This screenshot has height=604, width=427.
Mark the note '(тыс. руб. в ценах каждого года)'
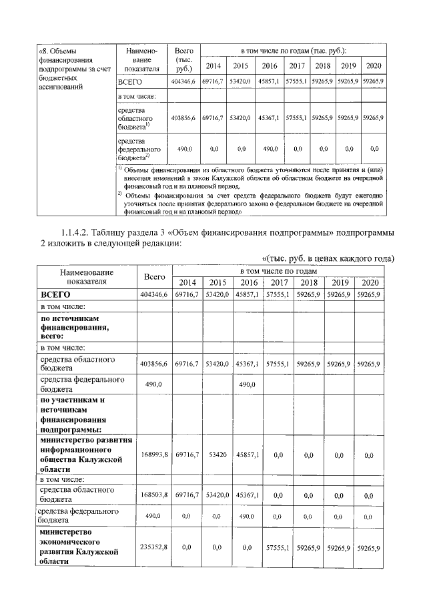click(327, 258)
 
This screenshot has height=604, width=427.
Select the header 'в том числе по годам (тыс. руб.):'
click(294, 51)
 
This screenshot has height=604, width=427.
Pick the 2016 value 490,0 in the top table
click(270, 149)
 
